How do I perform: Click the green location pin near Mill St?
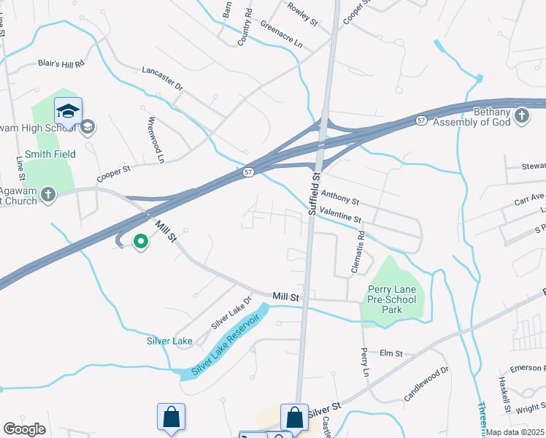(140, 241)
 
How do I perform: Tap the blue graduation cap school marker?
(68, 112)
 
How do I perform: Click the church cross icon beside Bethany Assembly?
(521, 116)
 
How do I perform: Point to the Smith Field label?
(50, 154)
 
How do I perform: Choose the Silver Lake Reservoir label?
(226, 346)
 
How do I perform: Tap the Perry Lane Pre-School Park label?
(392, 299)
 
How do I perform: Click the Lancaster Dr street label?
(162, 75)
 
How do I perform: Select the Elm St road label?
(391, 353)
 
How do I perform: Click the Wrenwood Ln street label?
(157, 139)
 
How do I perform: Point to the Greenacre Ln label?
(282, 34)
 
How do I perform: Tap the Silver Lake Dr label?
(231, 312)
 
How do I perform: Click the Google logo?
(24, 429)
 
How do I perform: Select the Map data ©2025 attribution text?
(515, 432)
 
